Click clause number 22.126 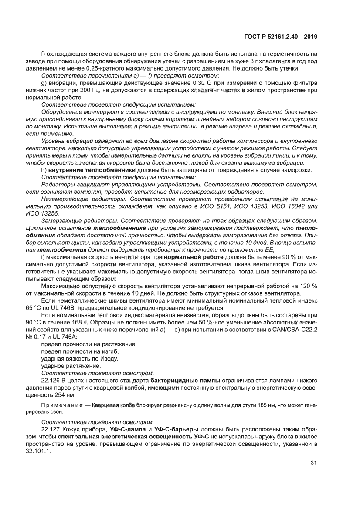(x=51, y=380)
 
